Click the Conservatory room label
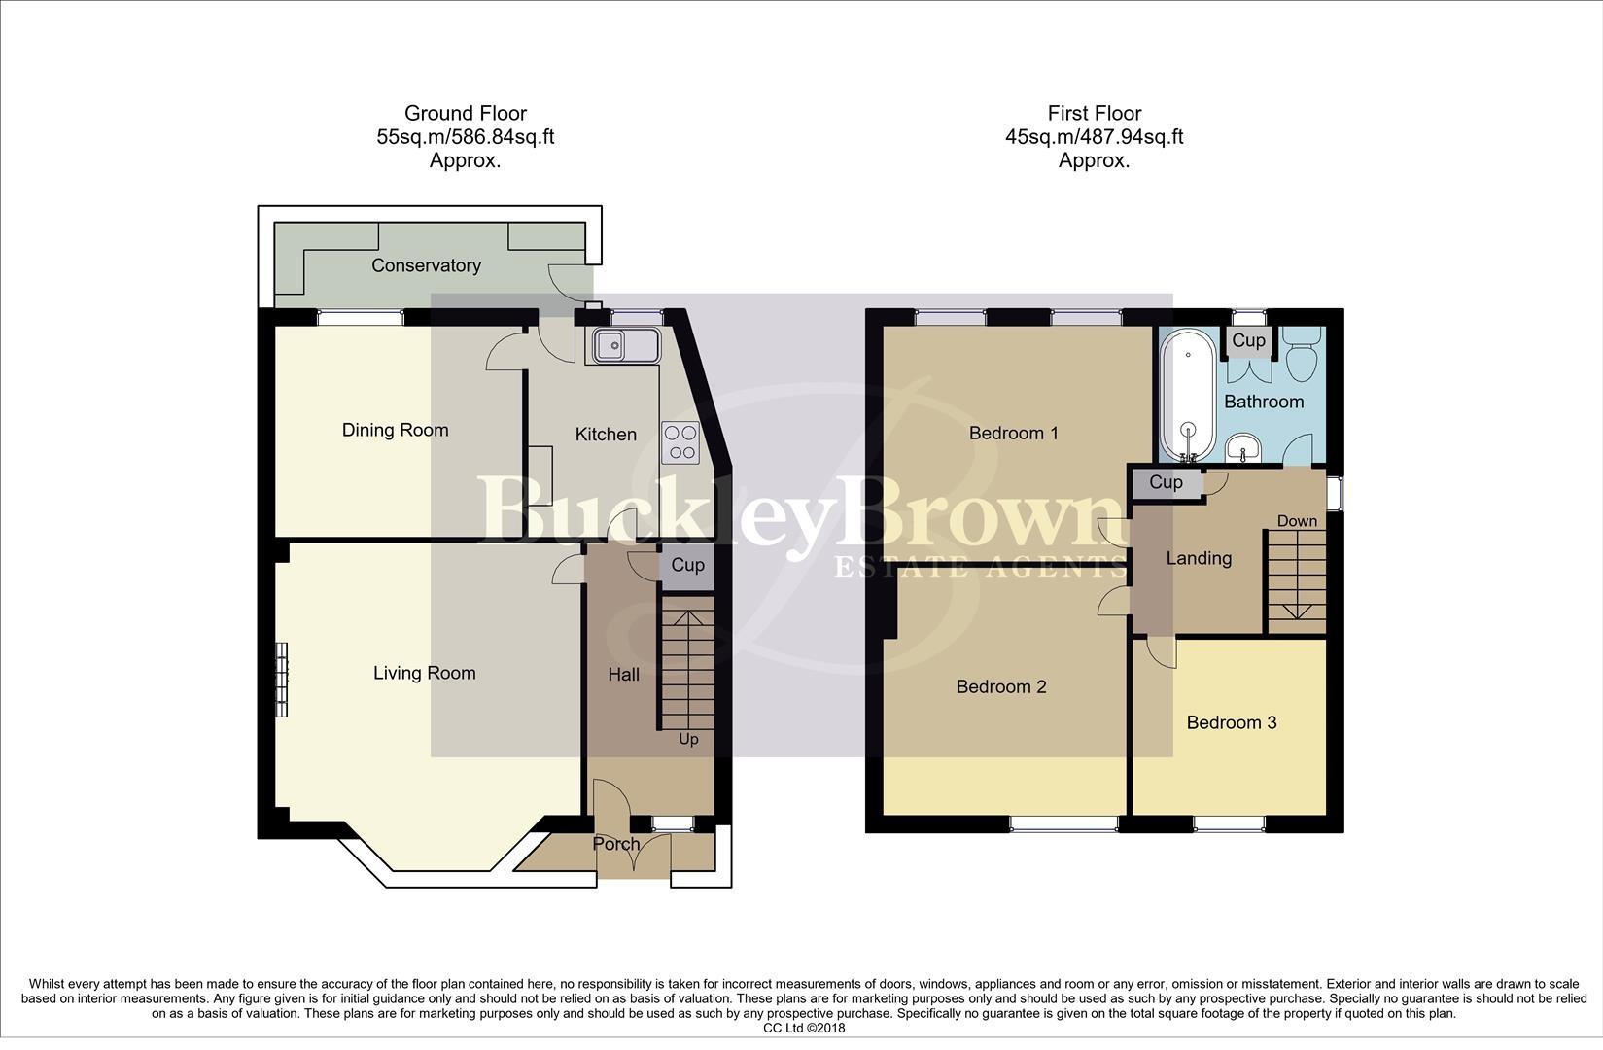pyautogui.click(x=426, y=265)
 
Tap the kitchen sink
pyautogui.click(x=623, y=345)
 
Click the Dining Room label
pyautogui.click(x=395, y=430)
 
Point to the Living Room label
pyautogui.click(x=424, y=673)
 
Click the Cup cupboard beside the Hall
pyautogui.click(x=687, y=566)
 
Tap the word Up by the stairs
pyautogui.click(x=688, y=739)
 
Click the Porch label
pyautogui.click(x=616, y=844)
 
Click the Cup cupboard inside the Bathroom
pyautogui.click(x=1248, y=340)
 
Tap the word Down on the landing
pyautogui.click(x=1297, y=521)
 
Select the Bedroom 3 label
pyautogui.click(x=1231, y=722)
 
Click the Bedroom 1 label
pyautogui.click(x=1013, y=433)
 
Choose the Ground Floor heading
pyautogui.click(x=465, y=113)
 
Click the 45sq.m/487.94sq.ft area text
pyautogui.click(x=1094, y=137)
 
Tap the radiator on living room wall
pyautogui.click(x=282, y=680)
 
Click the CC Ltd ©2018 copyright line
pyautogui.click(x=803, y=1028)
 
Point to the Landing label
pyautogui.click(x=1199, y=558)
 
